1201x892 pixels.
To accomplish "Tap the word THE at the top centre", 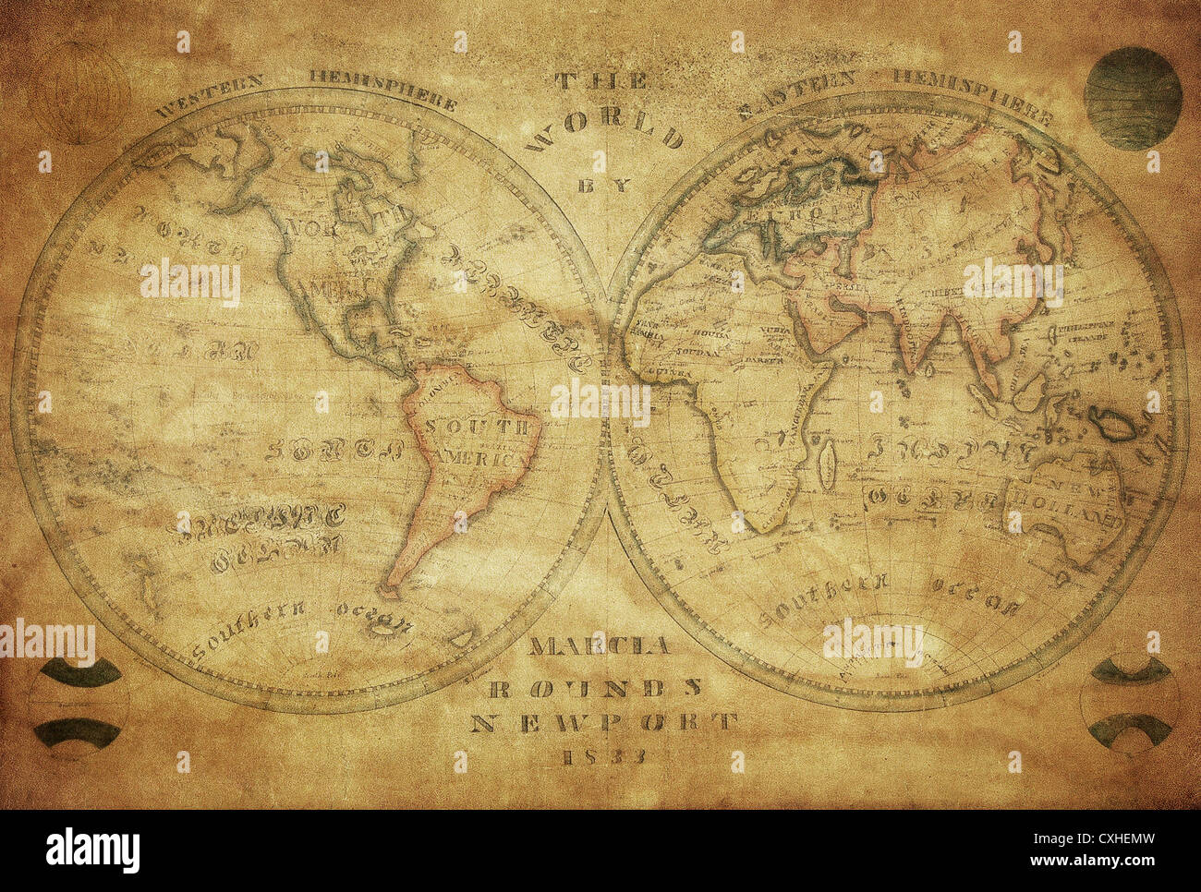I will click(600, 82).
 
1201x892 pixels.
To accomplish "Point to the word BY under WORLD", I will click(605, 186).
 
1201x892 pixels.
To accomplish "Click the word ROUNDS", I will click(595, 686).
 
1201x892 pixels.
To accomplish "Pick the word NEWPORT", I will click(604, 722).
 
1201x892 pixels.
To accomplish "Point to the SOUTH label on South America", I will click(481, 428).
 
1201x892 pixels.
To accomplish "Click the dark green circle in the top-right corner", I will click(1132, 98).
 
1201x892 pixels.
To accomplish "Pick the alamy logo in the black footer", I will click(93, 850).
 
